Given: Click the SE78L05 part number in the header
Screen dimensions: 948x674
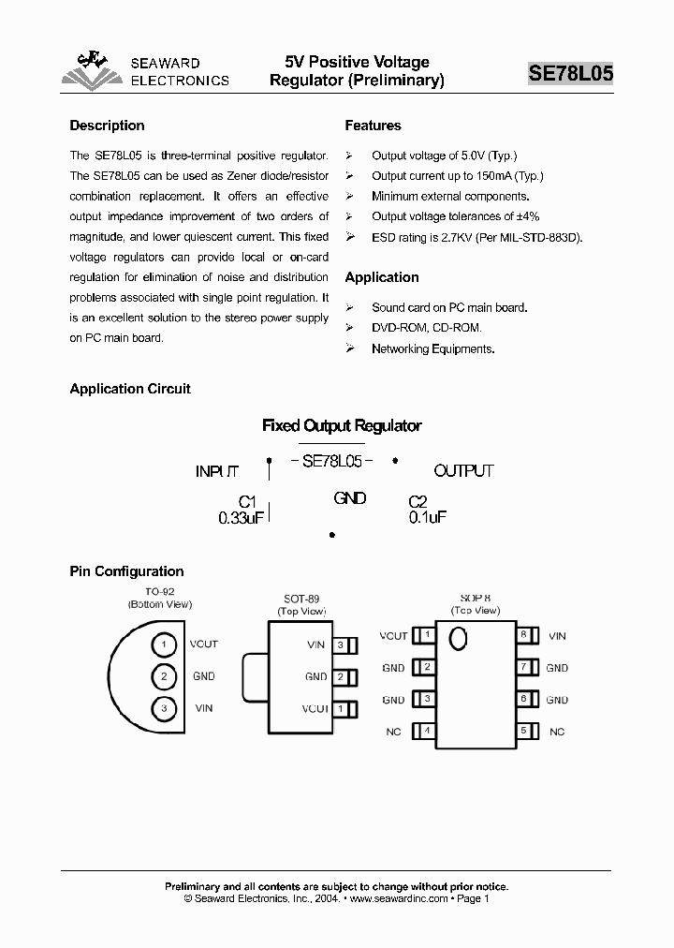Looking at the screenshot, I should [x=570, y=74].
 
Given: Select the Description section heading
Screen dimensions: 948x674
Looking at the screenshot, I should [x=107, y=126].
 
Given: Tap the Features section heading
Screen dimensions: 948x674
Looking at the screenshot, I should [x=373, y=126].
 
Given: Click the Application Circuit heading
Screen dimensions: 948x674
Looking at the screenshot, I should [x=130, y=389].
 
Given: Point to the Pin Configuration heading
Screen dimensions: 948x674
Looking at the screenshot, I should [x=126, y=571].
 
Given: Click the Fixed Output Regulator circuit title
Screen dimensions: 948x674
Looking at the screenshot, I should [x=342, y=425].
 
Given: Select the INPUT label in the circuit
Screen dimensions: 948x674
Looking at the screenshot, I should [x=217, y=471].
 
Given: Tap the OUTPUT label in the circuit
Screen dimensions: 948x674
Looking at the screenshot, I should [x=463, y=471].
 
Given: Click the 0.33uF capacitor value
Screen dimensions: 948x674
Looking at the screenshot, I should [x=242, y=517].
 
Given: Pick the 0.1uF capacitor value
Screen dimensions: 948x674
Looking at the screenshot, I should [x=428, y=517].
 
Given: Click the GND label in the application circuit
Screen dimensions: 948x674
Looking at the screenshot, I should [x=349, y=498].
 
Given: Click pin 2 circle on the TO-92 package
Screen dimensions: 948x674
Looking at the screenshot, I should [x=164, y=676].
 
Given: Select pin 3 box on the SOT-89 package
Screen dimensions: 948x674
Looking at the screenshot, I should [x=342, y=644].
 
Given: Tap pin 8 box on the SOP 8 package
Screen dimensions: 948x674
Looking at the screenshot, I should [x=524, y=635].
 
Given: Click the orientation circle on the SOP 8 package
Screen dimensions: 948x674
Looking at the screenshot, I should [x=458, y=639].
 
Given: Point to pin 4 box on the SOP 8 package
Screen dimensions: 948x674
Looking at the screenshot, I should [x=428, y=731].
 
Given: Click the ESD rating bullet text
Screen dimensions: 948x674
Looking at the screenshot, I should [x=476, y=238].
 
